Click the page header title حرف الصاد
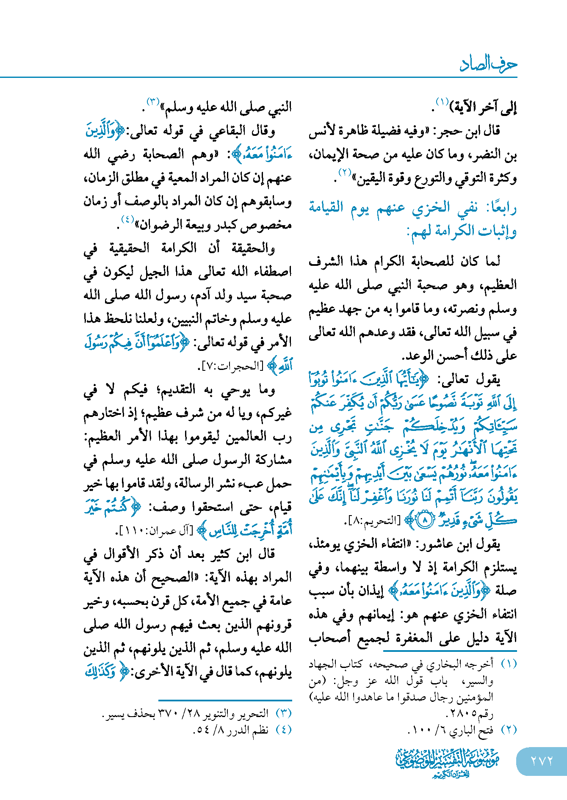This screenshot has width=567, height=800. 488,64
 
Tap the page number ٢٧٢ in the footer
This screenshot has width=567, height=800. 542,761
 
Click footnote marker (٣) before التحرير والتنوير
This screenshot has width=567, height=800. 283,713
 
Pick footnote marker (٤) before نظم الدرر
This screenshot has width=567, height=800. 283,729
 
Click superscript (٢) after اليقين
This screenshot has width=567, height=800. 345,172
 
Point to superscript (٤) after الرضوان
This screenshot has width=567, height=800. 127,219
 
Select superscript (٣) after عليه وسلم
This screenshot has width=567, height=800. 152,101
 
